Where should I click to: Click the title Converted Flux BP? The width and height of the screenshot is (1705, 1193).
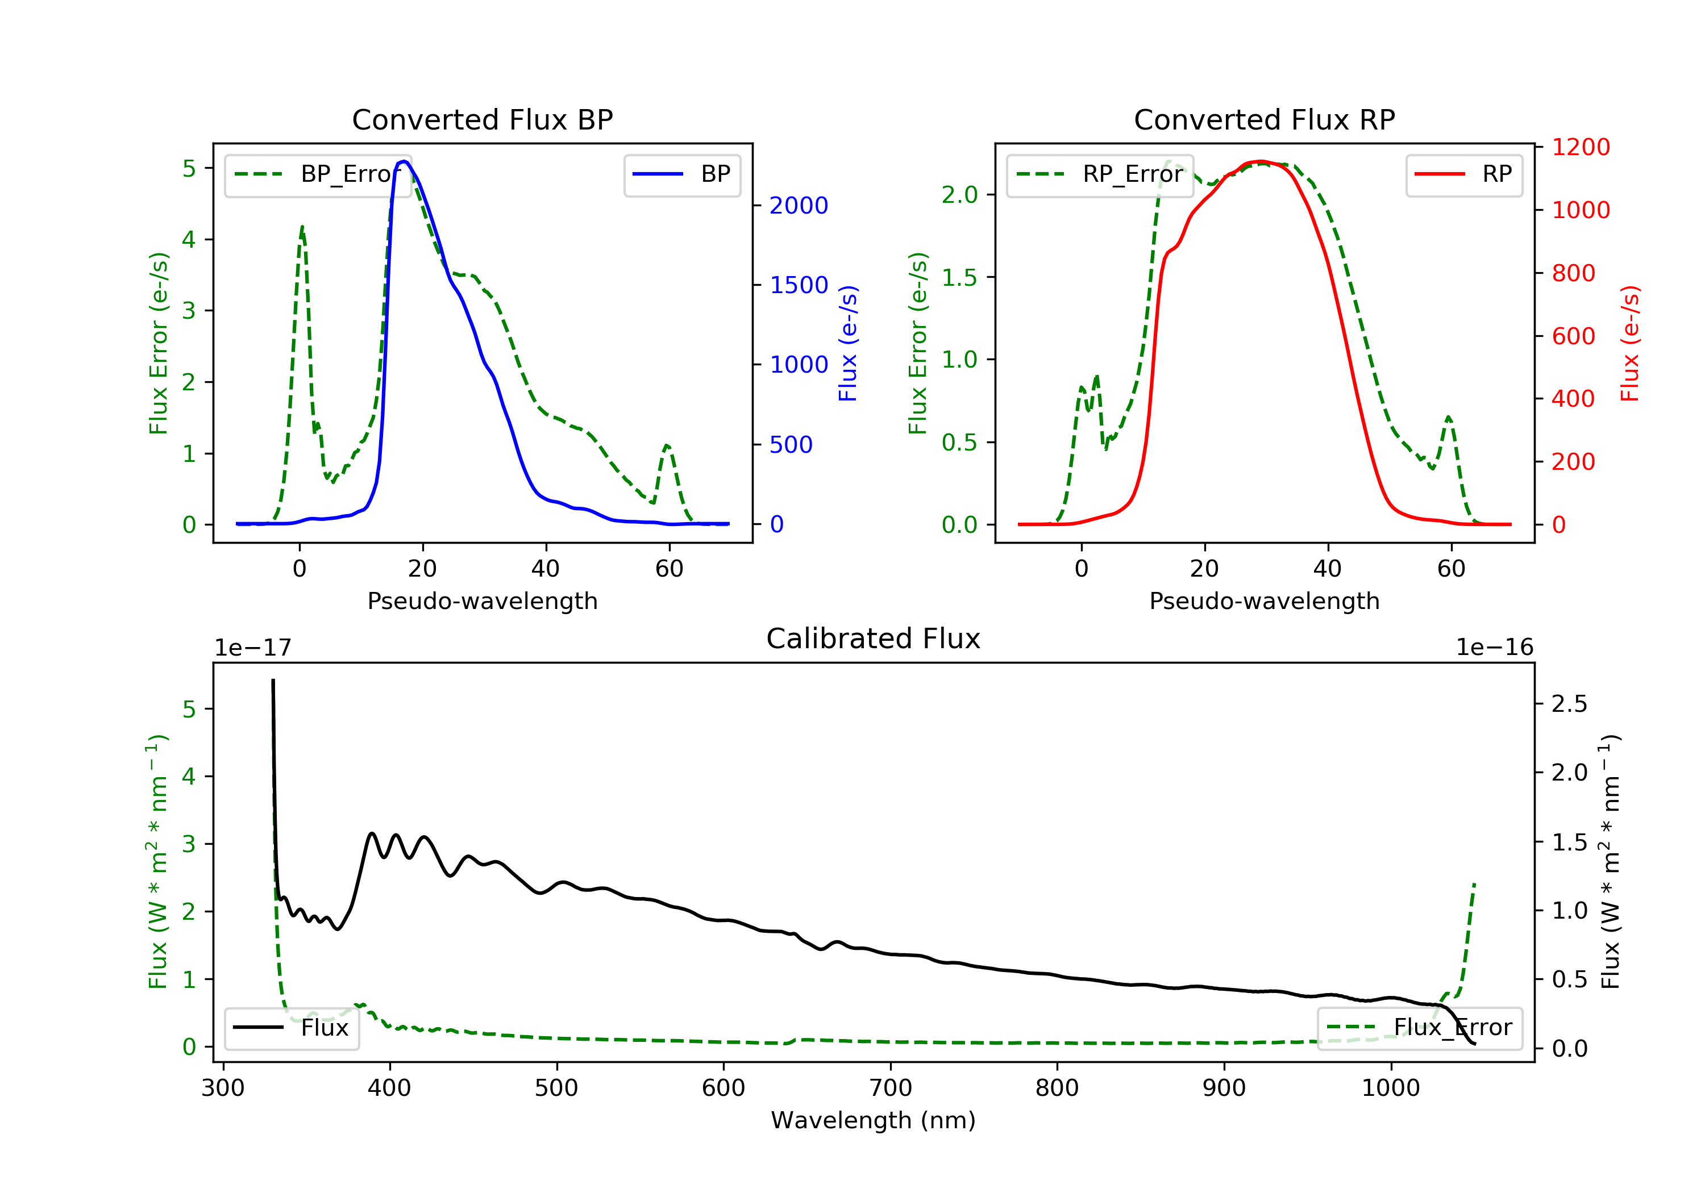pyautogui.click(x=482, y=119)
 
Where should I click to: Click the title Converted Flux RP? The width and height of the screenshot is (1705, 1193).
pyautogui.click(x=1264, y=119)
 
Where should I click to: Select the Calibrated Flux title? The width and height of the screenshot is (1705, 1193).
pyautogui.click(x=874, y=639)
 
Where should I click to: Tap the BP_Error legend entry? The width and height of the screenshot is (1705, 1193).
pyautogui.click(x=318, y=175)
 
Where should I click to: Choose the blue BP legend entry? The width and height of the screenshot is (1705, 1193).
pyautogui.click(x=681, y=174)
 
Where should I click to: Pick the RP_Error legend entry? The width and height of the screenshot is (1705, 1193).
pyautogui.click(x=1099, y=175)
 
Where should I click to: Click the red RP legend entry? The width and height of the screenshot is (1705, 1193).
pyautogui.click(x=1463, y=174)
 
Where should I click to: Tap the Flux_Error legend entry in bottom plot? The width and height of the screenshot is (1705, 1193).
pyautogui.click(x=1419, y=1028)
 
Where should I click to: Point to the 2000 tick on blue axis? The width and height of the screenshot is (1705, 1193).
pyautogui.click(x=799, y=206)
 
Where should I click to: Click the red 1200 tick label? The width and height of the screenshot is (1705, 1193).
pyautogui.click(x=1581, y=147)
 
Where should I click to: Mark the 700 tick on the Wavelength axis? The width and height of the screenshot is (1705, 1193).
pyautogui.click(x=891, y=1088)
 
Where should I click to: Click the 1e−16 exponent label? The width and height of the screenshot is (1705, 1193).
pyautogui.click(x=1494, y=648)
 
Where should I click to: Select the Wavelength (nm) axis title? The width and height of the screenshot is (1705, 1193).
pyautogui.click(x=874, y=1120)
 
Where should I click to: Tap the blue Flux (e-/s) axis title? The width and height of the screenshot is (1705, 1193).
pyautogui.click(x=848, y=343)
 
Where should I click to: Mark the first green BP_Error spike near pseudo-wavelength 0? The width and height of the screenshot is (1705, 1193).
pyautogui.click(x=301, y=227)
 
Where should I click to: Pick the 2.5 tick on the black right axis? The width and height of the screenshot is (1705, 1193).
pyautogui.click(x=1569, y=704)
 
